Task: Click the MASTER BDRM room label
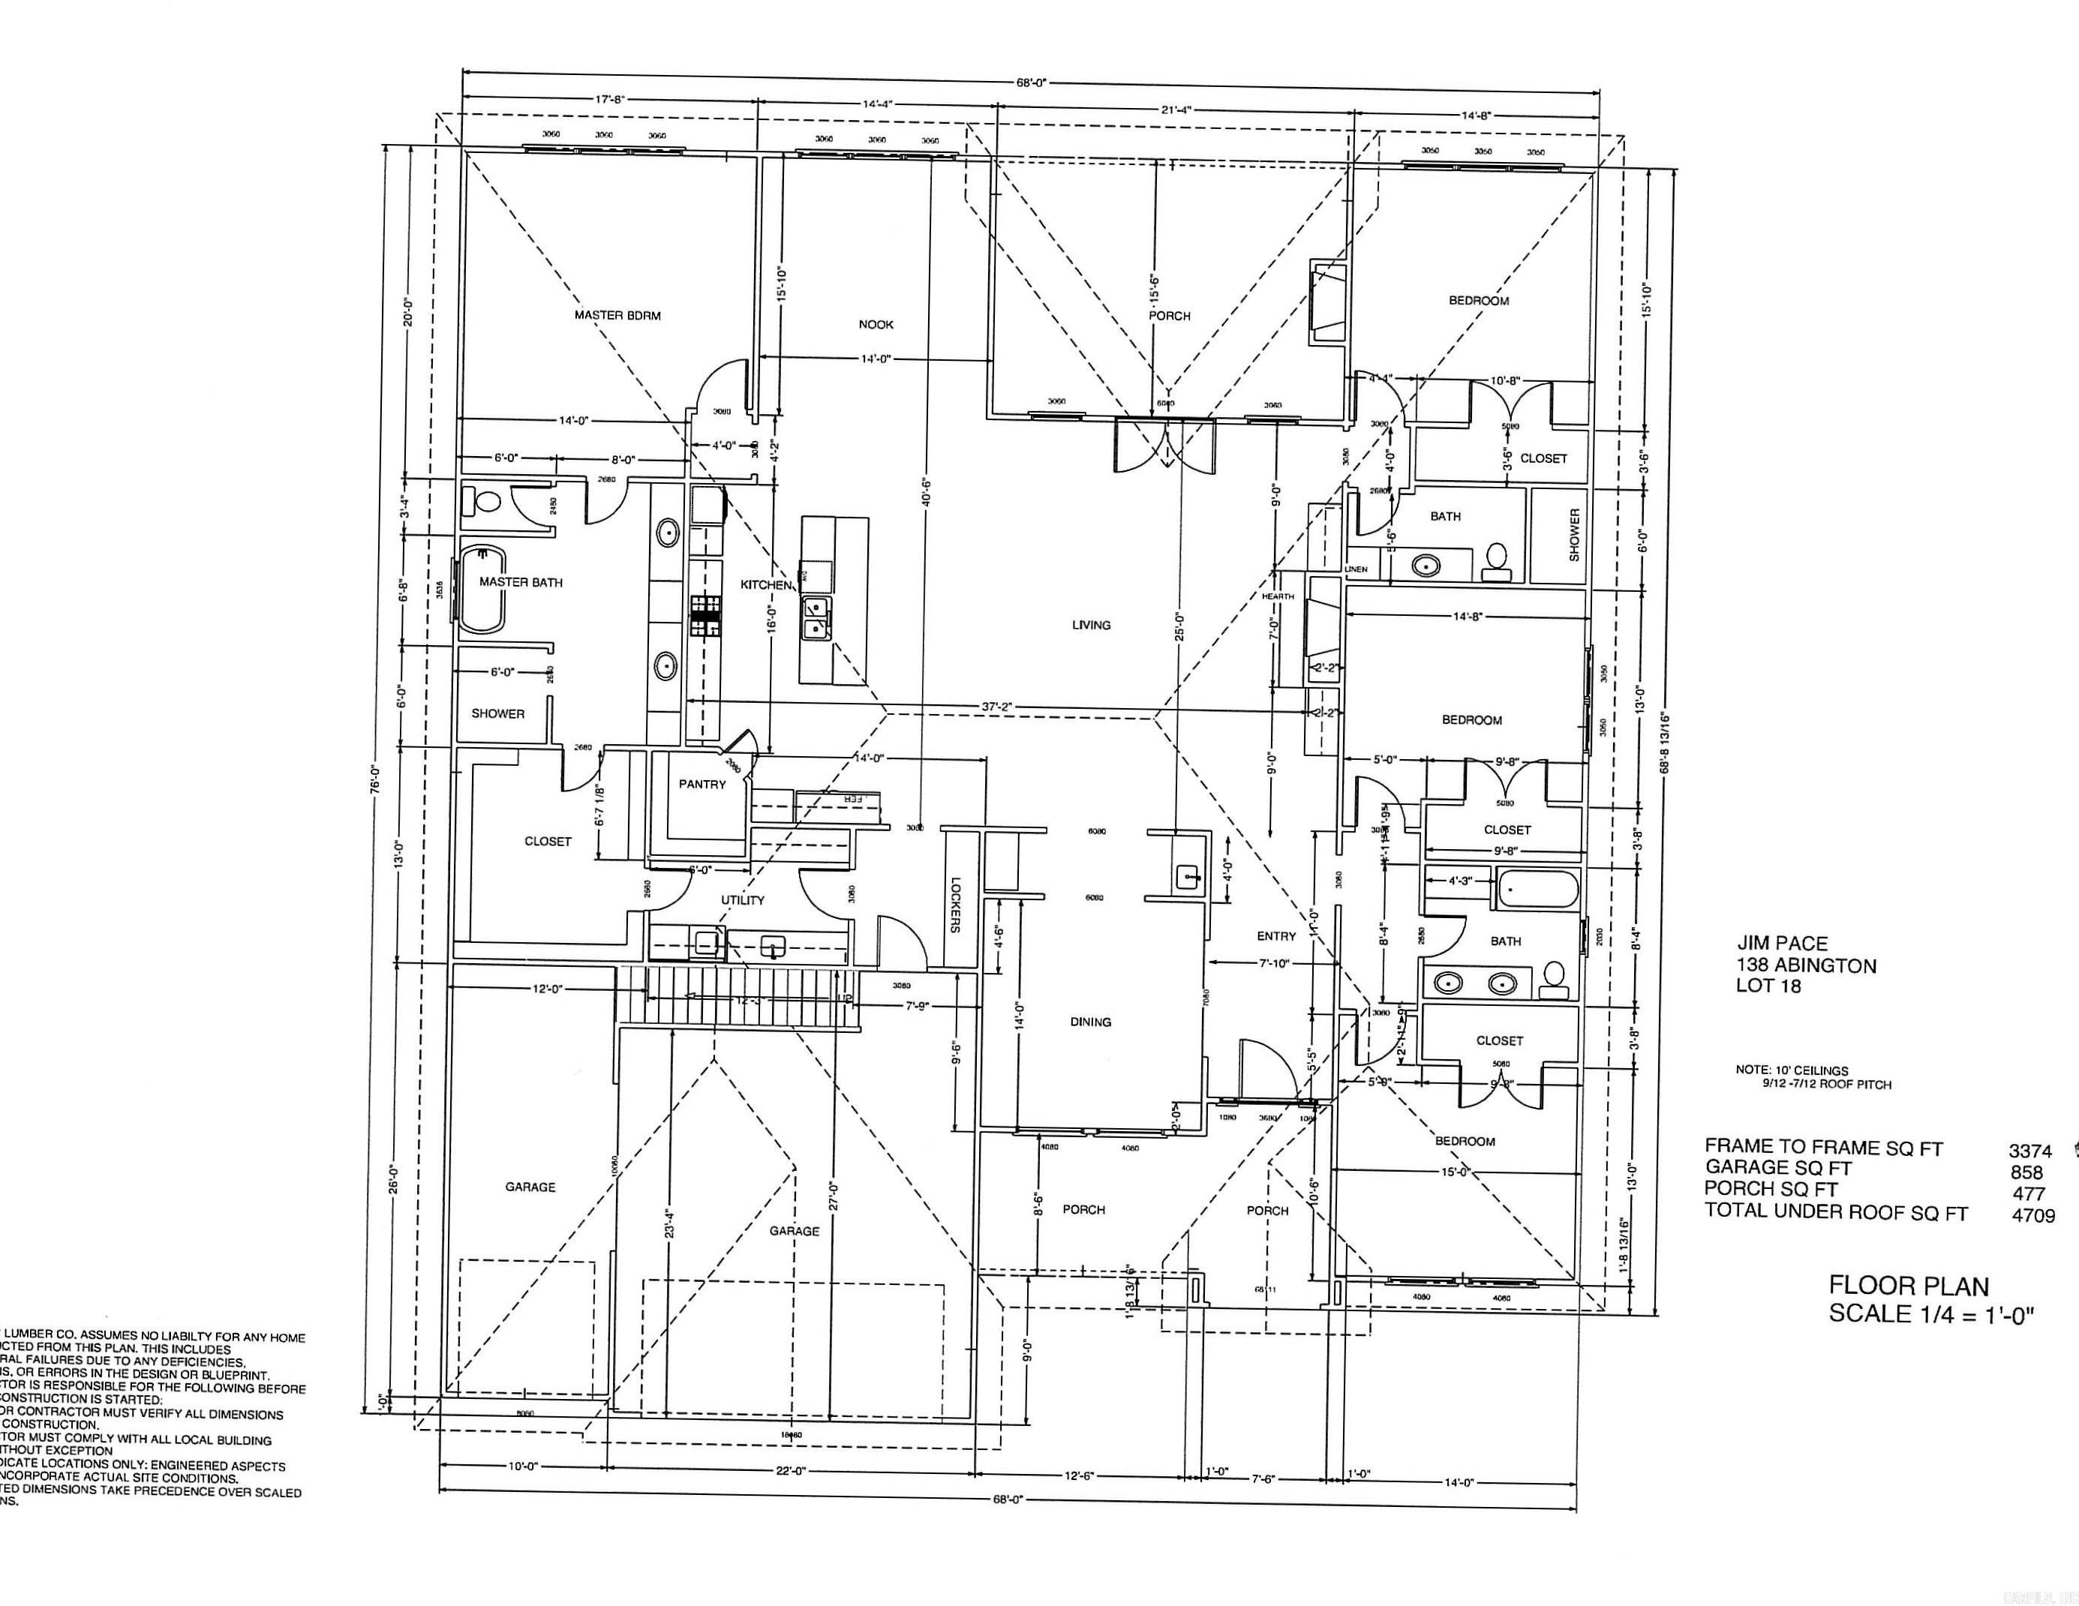617,315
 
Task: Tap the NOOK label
876,325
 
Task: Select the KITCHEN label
766,584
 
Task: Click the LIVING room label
1091,626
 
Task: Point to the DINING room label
1090,1022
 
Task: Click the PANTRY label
702,785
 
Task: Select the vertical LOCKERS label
956,905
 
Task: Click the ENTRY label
1276,937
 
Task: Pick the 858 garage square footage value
2026,1173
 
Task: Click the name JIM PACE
1782,944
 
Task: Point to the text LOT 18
1768,986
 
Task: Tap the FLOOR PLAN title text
1909,1286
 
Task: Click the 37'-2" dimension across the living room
996,707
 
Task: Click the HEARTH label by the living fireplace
1278,596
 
